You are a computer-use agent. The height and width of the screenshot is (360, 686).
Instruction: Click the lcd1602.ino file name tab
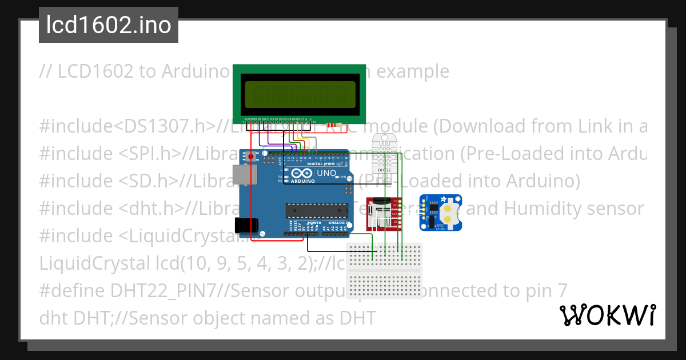pos(108,25)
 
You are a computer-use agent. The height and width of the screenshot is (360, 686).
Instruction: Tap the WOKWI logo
pos(608,315)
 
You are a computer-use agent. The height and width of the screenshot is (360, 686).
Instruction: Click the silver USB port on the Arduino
pos(241,175)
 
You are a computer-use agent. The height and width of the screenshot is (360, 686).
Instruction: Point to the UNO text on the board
pos(326,173)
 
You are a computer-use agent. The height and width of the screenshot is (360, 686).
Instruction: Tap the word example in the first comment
pos(413,71)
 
